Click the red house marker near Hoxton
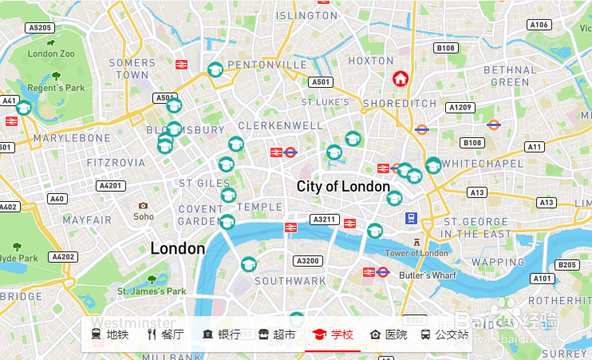click(x=401, y=78)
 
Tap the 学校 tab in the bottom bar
click(x=333, y=334)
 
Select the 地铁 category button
click(x=109, y=334)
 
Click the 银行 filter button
click(x=221, y=334)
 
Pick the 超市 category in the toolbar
click(x=277, y=334)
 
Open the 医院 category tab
click(x=389, y=334)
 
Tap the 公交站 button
click(x=444, y=334)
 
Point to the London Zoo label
click(x=51, y=54)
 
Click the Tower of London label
click(x=416, y=253)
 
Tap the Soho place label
click(x=144, y=216)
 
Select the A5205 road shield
click(x=39, y=27)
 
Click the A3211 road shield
click(x=325, y=219)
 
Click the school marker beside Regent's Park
click(x=24, y=107)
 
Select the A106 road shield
click(x=539, y=25)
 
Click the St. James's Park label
click(x=152, y=291)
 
